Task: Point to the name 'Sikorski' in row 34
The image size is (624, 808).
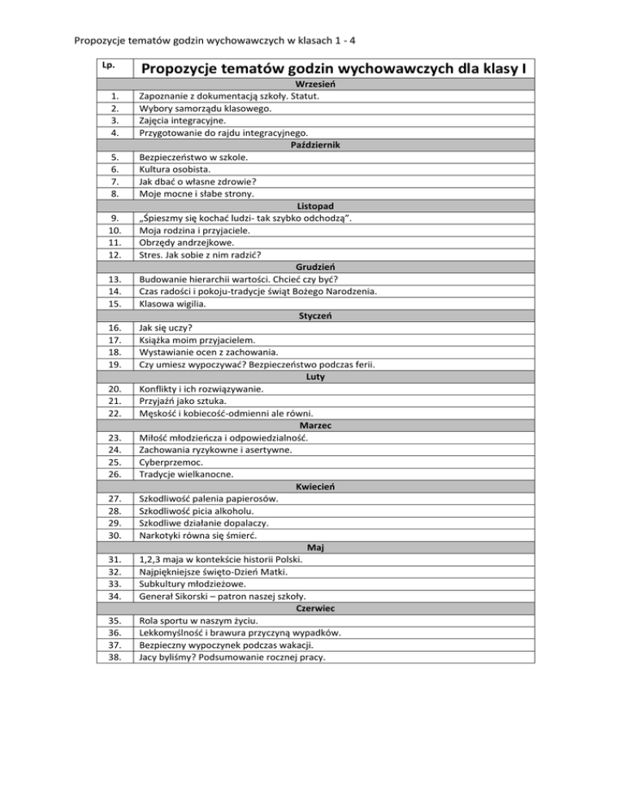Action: click(x=197, y=596)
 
